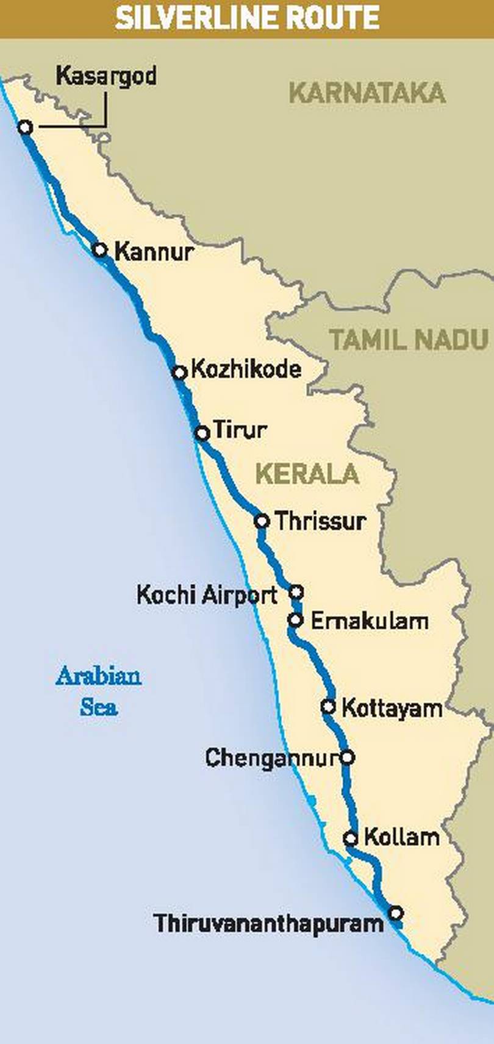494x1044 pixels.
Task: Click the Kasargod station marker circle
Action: tap(25, 127)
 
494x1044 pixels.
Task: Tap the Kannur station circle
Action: tap(100, 249)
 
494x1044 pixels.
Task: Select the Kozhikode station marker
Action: tap(179, 373)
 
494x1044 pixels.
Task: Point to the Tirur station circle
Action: tap(202, 433)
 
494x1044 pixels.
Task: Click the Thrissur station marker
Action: tap(262, 521)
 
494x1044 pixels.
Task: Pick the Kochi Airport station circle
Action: tap(296, 592)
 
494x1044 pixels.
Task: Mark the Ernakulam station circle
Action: tap(295, 620)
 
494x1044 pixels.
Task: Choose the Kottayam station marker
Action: tap(329, 707)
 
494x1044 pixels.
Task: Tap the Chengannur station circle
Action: tap(346, 757)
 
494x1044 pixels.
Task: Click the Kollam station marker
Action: tap(350, 838)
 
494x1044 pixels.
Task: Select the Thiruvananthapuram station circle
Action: tap(396, 913)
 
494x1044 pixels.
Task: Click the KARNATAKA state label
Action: tap(367, 93)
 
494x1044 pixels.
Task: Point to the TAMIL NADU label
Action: tap(409, 339)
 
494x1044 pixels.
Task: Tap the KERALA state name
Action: tap(307, 474)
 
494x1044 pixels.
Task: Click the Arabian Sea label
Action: tap(99, 692)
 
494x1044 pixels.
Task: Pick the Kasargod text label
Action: tap(106, 76)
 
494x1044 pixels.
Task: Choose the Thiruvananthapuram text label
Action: tap(268, 923)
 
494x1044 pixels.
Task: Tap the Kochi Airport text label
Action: tap(207, 595)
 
